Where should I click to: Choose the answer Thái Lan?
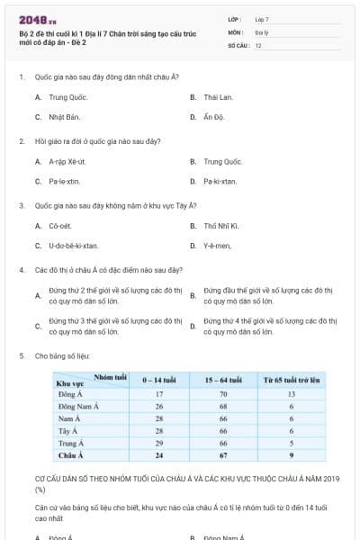pos(218,96)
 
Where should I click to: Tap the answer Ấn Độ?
pos(212,117)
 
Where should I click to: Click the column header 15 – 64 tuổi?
pos(223,381)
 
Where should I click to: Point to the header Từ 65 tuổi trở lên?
pos(292,381)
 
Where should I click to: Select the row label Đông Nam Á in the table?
pos(77,406)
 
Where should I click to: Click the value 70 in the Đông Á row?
pos(223,394)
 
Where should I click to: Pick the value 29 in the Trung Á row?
pos(158,443)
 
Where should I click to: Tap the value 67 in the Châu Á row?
pos(223,454)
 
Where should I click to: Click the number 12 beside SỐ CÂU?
pos(258,44)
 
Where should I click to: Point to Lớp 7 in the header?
pos(262,19)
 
